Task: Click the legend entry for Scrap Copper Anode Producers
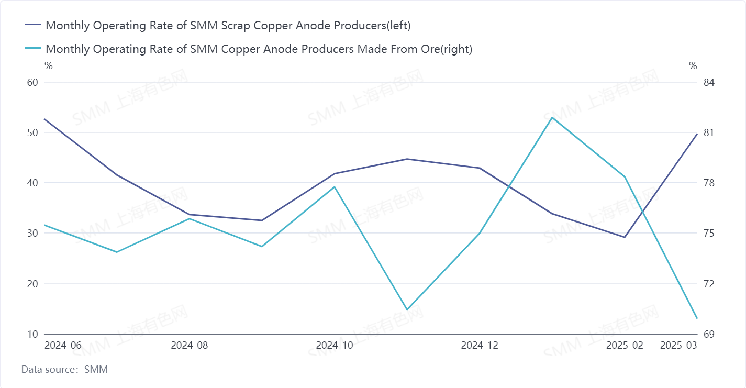point(228,25)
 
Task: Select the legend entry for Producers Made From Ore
point(259,49)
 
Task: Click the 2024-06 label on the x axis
point(63,346)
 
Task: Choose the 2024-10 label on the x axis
point(335,346)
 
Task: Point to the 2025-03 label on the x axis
point(678,346)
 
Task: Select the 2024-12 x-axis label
point(480,346)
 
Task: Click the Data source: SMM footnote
point(64,369)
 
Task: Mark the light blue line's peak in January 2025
point(552,117)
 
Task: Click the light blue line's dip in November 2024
point(407,309)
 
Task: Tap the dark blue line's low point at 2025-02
point(625,237)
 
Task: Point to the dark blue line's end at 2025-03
point(697,134)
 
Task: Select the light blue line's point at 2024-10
point(335,187)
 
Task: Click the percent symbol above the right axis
point(693,66)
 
